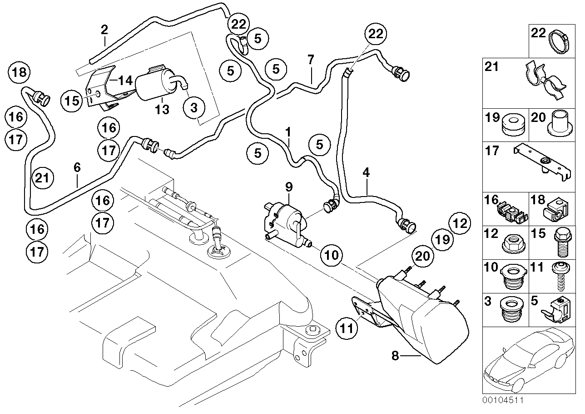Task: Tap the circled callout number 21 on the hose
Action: click(42, 178)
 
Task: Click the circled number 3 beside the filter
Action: click(194, 108)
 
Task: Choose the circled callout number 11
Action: click(348, 327)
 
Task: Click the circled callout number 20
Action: click(423, 256)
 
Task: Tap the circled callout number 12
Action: click(459, 223)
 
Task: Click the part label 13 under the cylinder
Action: click(162, 110)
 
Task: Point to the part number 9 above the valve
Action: click(289, 187)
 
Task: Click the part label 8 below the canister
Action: click(395, 356)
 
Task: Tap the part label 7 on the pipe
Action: click(311, 59)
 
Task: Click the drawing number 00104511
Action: click(503, 401)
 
